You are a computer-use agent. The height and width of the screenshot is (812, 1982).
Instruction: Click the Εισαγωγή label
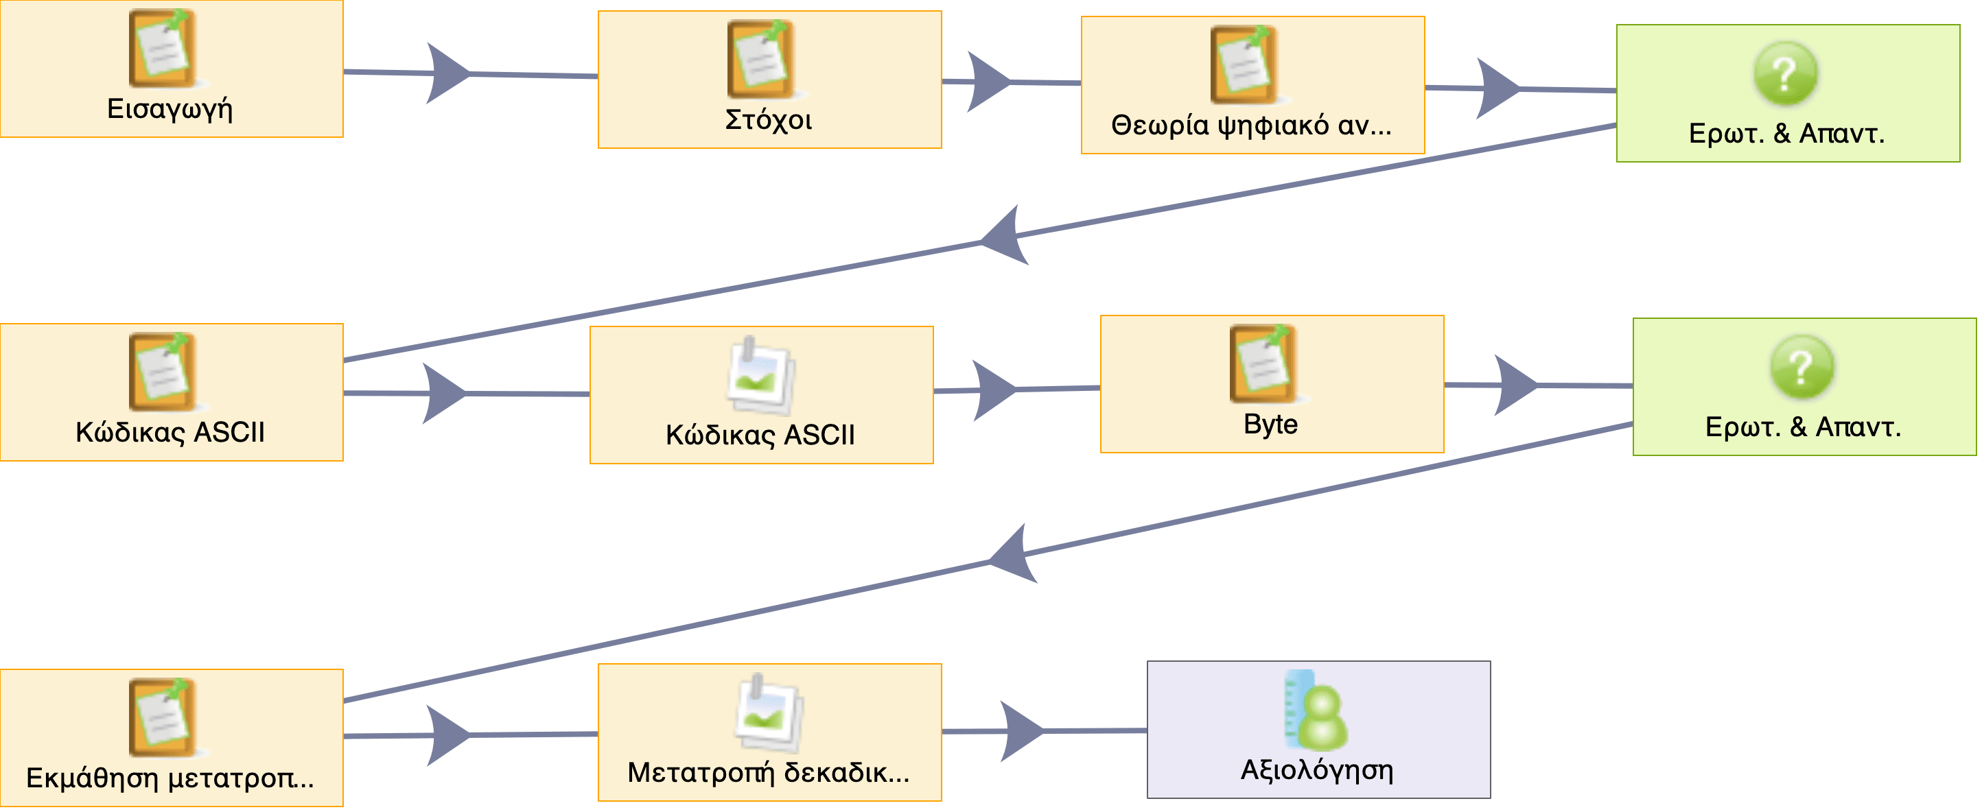click(170, 109)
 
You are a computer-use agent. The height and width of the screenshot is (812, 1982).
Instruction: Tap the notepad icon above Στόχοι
click(760, 59)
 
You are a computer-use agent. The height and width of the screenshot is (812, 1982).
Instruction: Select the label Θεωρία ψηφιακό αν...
click(1251, 126)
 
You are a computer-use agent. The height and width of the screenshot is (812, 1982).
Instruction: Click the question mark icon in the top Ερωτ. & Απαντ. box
click(1785, 74)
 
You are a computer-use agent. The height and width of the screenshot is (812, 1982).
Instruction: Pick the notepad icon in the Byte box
click(1262, 363)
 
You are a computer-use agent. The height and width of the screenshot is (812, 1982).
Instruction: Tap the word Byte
click(1270, 425)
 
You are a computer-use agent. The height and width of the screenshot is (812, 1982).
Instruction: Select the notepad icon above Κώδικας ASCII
click(161, 372)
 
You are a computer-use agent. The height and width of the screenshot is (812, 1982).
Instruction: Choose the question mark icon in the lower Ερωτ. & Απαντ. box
click(1802, 367)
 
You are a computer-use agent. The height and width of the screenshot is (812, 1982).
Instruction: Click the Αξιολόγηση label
click(1316, 769)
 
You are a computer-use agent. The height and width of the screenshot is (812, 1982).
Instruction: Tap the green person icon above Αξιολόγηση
click(1316, 710)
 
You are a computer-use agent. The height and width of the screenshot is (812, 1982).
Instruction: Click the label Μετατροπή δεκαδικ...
click(769, 773)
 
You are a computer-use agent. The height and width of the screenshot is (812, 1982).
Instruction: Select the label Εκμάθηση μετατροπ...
click(170, 778)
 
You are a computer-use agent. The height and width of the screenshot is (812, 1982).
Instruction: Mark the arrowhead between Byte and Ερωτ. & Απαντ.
click(1514, 385)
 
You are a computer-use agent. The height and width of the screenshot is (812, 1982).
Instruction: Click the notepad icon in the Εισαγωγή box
click(161, 49)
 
